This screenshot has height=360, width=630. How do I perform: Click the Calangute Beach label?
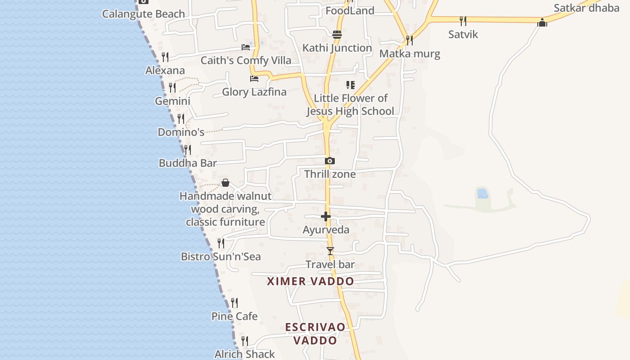(x=144, y=14)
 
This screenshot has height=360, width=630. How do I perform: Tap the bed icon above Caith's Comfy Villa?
(x=246, y=47)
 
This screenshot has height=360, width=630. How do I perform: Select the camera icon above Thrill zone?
(x=330, y=161)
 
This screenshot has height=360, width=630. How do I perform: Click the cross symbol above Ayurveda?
(x=326, y=216)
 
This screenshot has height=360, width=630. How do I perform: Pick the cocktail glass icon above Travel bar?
(x=330, y=251)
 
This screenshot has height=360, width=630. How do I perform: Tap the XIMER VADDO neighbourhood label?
(x=310, y=281)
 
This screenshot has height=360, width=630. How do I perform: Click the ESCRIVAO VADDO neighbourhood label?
(x=315, y=333)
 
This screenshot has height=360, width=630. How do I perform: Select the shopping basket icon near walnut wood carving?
(x=225, y=183)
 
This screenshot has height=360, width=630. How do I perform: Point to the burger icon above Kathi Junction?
(x=337, y=34)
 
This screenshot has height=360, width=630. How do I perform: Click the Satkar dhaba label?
(x=586, y=8)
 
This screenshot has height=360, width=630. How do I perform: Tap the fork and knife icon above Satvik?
(x=463, y=21)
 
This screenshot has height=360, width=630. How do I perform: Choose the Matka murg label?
(x=409, y=54)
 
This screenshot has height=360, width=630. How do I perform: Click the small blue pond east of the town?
(x=482, y=193)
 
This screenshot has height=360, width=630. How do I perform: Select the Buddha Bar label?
(x=188, y=163)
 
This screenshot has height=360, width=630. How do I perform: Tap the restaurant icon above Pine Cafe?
(x=234, y=302)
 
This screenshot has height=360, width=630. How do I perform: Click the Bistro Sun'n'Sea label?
(x=221, y=256)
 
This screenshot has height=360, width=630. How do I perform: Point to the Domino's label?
(x=181, y=132)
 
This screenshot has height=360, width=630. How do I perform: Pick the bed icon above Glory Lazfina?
(x=254, y=79)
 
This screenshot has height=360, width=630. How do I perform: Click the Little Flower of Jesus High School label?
(x=351, y=104)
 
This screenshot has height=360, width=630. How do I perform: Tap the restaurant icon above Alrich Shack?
(x=245, y=341)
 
